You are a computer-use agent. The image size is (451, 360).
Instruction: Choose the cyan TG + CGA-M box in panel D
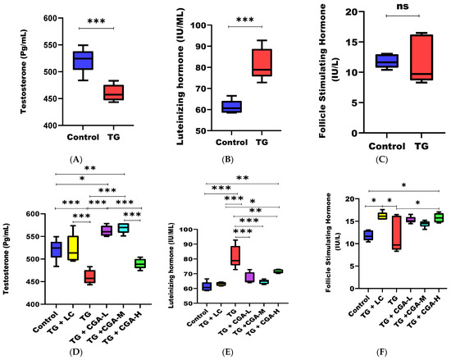(123, 227)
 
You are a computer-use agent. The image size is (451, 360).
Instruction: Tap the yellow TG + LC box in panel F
(359, 216)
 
